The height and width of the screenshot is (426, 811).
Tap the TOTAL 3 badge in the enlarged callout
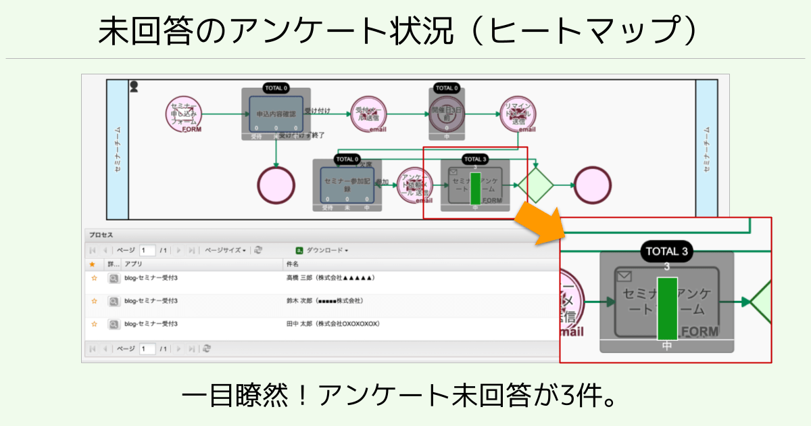(x=666, y=252)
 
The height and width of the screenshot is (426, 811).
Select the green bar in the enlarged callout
(x=666, y=308)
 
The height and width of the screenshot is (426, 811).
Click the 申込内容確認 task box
(x=276, y=114)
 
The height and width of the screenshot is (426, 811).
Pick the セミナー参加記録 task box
(x=347, y=185)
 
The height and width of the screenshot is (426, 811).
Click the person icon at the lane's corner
(x=134, y=86)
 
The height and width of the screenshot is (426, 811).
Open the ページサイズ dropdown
(x=225, y=250)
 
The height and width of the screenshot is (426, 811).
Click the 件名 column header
(x=293, y=264)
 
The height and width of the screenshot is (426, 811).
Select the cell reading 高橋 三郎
(x=330, y=278)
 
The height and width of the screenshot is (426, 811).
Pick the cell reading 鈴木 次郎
(x=325, y=300)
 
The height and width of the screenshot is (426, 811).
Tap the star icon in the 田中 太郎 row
(x=94, y=324)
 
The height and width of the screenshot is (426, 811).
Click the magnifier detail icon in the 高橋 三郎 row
(x=114, y=278)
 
